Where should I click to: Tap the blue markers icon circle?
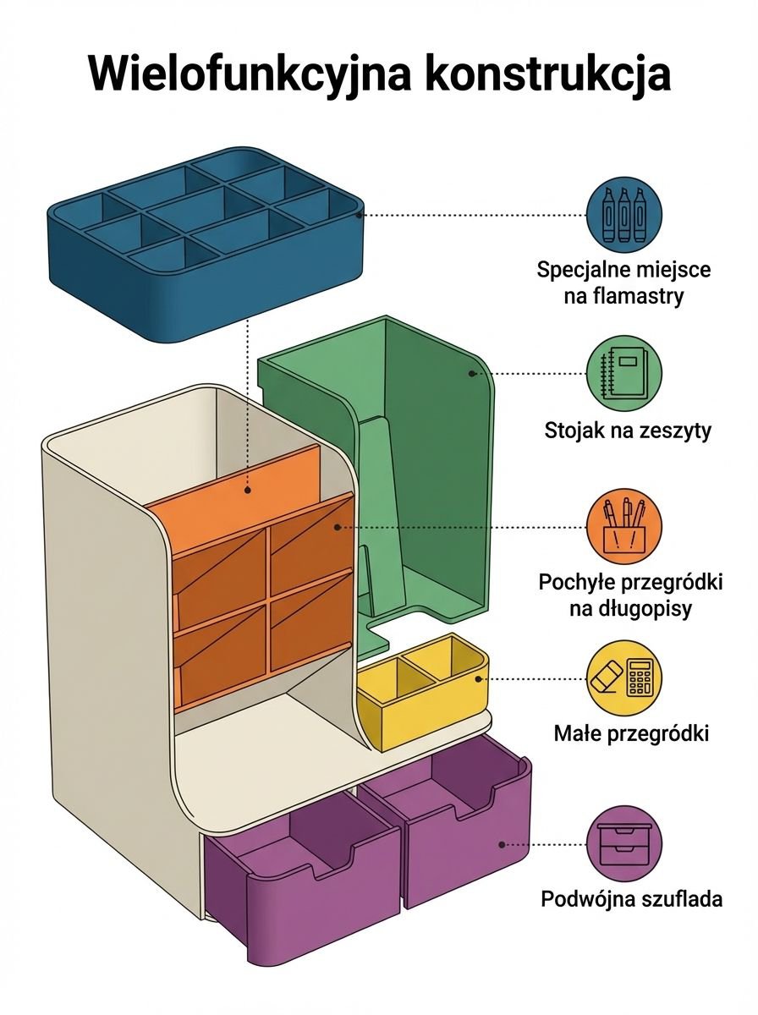(x=624, y=214)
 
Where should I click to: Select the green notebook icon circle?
(x=624, y=374)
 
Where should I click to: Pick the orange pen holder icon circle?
(x=624, y=526)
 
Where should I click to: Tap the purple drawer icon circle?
(x=624, y=842)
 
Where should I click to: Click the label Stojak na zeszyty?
(x=627, y=431)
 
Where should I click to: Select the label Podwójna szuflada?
(x=631, y=897)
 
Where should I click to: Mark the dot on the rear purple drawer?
(x=502, y=844)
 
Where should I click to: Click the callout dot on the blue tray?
(x=360, y=215)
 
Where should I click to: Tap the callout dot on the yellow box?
(x=479, y=678)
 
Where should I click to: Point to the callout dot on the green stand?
(x=471, y=373)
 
